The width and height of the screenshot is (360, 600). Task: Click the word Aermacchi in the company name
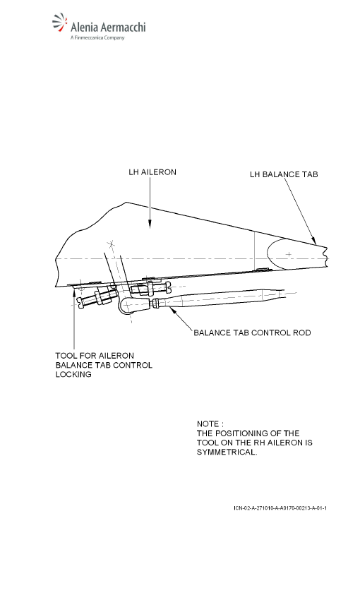click(123, 27)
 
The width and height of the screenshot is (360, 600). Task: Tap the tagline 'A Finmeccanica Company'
click(97, 38)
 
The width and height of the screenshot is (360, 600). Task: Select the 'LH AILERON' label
click(152, 172)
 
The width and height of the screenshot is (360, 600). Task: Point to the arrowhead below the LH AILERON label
click(150, 224)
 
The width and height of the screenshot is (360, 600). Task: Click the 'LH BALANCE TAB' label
click(284, 174)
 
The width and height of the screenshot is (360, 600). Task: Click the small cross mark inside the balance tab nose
click(289, 254)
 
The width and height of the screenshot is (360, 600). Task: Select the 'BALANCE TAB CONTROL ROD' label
click(252, 332)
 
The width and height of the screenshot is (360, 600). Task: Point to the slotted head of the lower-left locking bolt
click(80, 302)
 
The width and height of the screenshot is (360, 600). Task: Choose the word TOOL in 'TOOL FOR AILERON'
click(66, 356)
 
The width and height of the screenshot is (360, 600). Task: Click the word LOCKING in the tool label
click(73, 374)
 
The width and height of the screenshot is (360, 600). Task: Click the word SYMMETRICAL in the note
click(226, 452)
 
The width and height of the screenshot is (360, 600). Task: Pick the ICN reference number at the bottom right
click(280, 508)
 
